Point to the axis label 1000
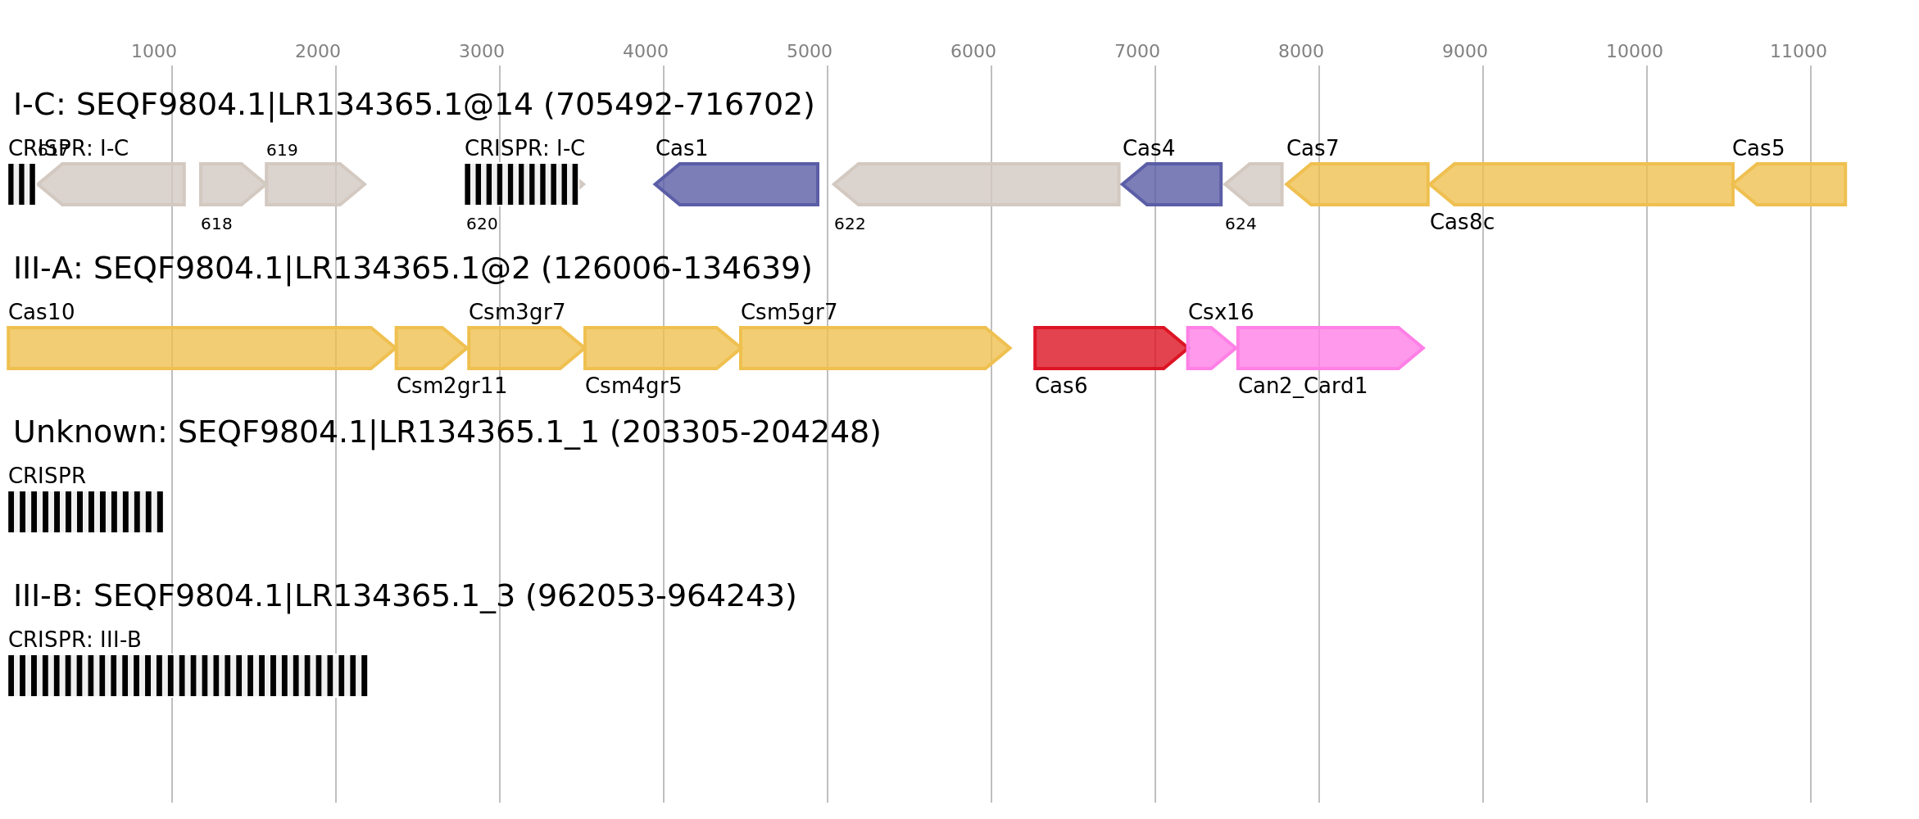[154, 52]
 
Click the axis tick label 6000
[973, 52]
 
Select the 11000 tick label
[1798, 52]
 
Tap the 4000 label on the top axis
[645, 52]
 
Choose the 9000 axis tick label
[1464, 52]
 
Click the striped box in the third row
[86, 512]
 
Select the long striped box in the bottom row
[188, 676]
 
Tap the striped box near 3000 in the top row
[522, 184]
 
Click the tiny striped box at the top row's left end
[21, 184]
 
